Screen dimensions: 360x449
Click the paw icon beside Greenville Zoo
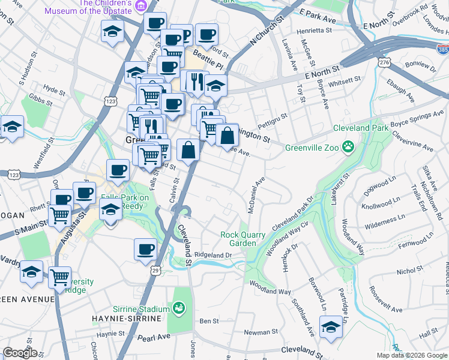[348, 147]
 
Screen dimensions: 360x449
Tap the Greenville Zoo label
[312, 148]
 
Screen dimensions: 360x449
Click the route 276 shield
[384, 62]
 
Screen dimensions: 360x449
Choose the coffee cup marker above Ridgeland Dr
[145, 249]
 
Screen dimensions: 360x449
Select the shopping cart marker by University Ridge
[59, 277]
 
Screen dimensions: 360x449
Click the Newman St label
[261, 331]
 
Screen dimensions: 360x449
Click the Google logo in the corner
[20, 353]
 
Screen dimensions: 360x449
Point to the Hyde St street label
[54, 90]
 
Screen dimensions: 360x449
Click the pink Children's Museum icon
[141, 6]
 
